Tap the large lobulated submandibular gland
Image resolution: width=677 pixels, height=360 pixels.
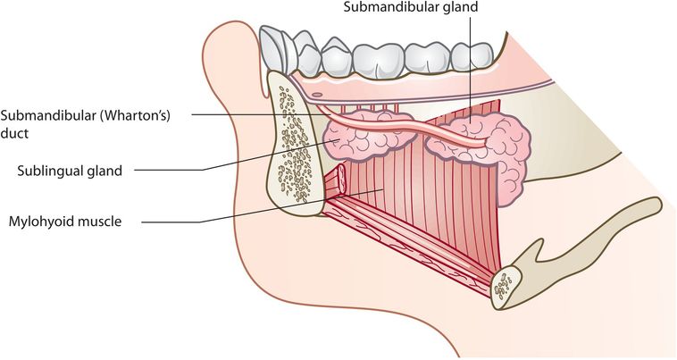click(496, 147)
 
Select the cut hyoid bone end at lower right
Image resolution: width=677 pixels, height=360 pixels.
click(506, 285)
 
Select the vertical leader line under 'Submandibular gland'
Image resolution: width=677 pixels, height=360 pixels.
click(468, 71)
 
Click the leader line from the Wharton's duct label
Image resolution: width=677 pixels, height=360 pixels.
click(268, 115)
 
